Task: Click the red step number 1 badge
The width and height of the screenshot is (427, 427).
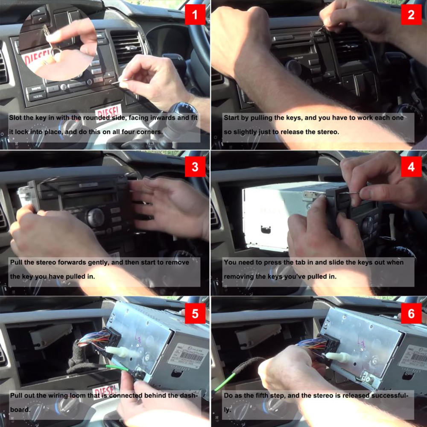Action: [195, 15]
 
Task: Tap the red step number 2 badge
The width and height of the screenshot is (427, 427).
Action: [411, 15]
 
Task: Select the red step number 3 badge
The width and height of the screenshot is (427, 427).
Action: [195, 167]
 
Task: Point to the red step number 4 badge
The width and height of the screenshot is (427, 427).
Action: [411, 167]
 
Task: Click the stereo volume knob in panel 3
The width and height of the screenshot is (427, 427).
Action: [96, 218]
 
